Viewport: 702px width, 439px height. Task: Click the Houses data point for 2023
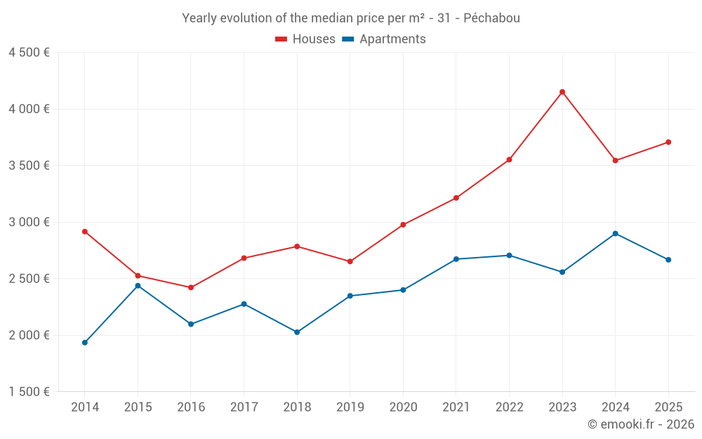click(562, 92)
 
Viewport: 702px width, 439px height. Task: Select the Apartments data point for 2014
click(85, 343)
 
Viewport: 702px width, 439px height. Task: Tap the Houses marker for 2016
click(191, 287)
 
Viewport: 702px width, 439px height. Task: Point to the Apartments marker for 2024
click(615, 233)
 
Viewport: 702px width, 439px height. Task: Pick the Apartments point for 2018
click(297, 332)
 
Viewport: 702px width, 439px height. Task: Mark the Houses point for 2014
click(85, 232)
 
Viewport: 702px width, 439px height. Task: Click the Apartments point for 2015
click(138, 286)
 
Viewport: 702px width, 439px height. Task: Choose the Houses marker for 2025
click(668, 142)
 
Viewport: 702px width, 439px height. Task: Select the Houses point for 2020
click(403, 225)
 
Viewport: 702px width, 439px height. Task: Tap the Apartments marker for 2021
click(456, 259)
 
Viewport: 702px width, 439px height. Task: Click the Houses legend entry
click(305, 39)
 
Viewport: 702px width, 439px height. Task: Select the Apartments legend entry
click(384, 39)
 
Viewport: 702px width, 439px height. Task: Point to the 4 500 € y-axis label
click(29, 53)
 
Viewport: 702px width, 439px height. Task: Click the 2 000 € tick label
click(29, 335)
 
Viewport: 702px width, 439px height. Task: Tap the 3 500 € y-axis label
click(29, 166)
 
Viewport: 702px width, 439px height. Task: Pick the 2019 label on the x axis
click(350, 407)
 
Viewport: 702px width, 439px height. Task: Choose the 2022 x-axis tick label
click(509, 407)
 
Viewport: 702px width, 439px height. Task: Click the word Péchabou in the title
click(492, 18)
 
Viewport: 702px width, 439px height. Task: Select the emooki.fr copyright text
click(640, 424)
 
